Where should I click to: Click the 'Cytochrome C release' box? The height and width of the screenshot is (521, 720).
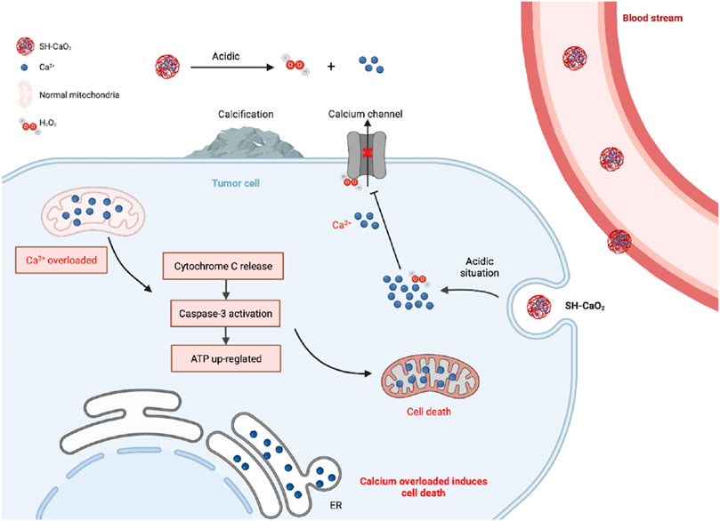223,266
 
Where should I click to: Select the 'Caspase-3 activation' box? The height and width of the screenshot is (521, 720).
225,314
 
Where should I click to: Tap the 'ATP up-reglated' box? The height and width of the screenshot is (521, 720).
226,358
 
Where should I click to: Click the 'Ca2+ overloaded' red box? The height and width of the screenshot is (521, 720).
61,260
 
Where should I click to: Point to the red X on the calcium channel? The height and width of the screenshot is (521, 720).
368,153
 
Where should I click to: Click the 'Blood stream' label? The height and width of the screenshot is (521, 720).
652,19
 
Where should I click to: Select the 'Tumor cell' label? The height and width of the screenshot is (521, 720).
236,183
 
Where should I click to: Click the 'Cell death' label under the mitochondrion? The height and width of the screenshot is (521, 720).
429,412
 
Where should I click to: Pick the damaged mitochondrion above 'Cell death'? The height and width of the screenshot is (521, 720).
430,376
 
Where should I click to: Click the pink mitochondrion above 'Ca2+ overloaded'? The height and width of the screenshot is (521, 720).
93,212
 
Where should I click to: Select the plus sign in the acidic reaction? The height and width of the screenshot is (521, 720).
331,67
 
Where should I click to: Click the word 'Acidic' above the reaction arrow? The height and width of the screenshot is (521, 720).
225,56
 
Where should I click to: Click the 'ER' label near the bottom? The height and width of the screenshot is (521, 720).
336,505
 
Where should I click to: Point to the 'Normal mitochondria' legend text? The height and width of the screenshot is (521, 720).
79,95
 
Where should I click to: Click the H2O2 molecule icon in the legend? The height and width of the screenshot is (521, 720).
30,125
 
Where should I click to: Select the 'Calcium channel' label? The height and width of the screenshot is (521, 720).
365,114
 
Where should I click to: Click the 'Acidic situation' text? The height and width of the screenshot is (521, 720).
480,267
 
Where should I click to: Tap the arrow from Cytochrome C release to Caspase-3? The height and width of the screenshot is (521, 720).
225,290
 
